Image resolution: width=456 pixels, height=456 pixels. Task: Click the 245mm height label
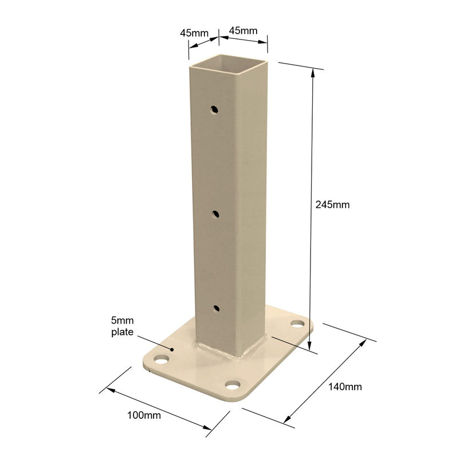tap(332, 205)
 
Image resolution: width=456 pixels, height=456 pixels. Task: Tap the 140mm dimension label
tap(345, 387)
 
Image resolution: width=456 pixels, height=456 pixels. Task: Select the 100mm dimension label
tap(144, 415)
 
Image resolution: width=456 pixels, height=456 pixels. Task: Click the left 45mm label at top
tap(194, 33)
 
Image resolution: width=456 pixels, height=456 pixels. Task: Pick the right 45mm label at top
tap(243, 30)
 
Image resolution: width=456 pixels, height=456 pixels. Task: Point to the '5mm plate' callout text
tap(123, 327)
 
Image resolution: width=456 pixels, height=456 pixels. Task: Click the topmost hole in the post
tap(215, 110)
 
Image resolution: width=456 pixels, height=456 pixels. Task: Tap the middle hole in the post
tap(215, 215)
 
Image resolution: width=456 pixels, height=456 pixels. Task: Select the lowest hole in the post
tap(216, 308)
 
